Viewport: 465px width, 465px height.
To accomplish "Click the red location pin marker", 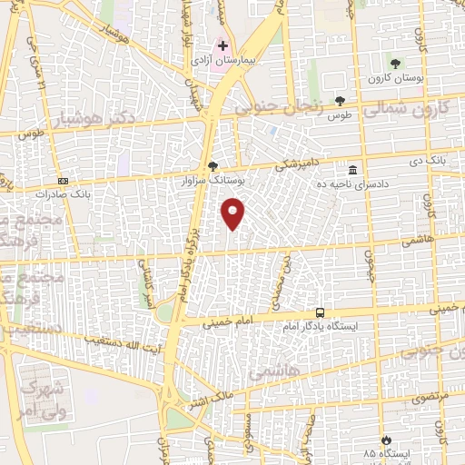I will tap(234, 214).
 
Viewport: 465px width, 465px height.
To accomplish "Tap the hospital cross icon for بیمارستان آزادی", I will tap(223, 45).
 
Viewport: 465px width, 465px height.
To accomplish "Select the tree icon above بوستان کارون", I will tap(395, 63).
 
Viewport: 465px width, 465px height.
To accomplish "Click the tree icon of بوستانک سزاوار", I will tap(213, 166).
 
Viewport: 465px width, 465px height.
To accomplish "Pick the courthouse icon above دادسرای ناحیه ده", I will tap(351, 169).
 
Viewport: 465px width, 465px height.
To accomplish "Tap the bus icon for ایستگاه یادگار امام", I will tap(319, 312).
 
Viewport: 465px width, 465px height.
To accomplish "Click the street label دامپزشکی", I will tap(300, 163).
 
